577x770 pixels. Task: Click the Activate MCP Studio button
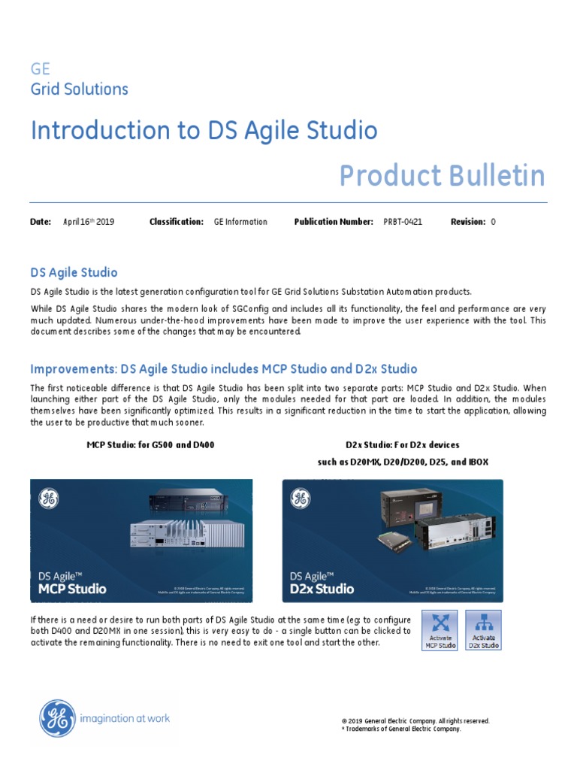(x=440, y=630)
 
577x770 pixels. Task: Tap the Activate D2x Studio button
(x=484, y=630)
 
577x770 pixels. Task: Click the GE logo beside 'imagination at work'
(x=57, y=718)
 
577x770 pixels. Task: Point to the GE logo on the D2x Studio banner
(x=301, y=499)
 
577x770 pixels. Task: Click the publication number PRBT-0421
(x=403, y=222)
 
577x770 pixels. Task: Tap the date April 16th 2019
(x=89, y=222)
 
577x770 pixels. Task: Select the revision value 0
(x=493, y=222)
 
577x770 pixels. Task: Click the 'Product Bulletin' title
(x=442, y=176)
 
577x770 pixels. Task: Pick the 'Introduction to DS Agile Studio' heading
(x=204, y=131)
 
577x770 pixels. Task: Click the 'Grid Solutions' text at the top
(x=79, y=89)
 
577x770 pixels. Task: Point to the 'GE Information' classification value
(x=240, y=222)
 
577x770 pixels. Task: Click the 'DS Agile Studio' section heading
(x=74, y=272)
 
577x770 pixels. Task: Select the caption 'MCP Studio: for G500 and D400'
(x=150, y=445)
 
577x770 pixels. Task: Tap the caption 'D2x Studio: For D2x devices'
(x=403, y=445)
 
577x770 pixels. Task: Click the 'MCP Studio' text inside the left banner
(x=72, y=588)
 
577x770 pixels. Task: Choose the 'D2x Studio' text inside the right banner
(x=322, y=588)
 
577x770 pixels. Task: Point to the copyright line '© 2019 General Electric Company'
(x=415, y=720)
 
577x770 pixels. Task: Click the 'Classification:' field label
(x=177, y=222)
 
